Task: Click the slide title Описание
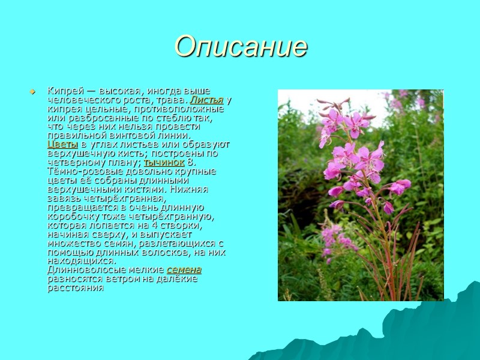[x=241, y=46]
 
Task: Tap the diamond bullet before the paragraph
[x=32, y=92]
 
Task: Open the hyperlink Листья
[x=207, y=100]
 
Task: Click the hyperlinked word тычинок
[x=164, y=163]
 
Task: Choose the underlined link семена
[x=184, y=270]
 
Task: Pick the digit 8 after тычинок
[x=190, y=163]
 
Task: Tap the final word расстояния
[x=75, y=288]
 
